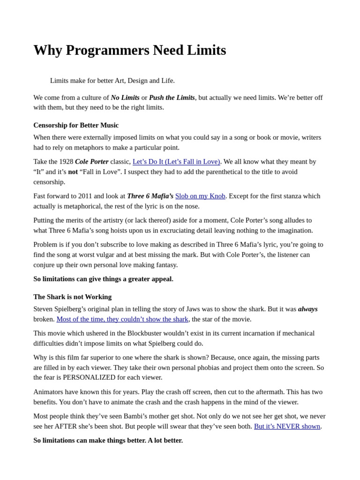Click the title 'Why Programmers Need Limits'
tap(129, 50)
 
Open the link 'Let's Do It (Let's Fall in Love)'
tap(176, 162)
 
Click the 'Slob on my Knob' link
tap(200, 196)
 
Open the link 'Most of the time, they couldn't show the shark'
tap(122, 319)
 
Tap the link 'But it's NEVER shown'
tap(287, 426)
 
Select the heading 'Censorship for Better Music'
tap(76, 125)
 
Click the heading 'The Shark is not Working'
tap(72, 297)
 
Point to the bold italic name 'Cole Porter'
tap(92, 162)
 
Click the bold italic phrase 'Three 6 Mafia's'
tap(150, 196)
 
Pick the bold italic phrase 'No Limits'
tap(125, 97)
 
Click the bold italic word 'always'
tap(308, 309)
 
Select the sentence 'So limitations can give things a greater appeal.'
tap(103, 279)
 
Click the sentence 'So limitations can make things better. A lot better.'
tap(108, 440)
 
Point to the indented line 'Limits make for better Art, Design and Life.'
tap(112, 81)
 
